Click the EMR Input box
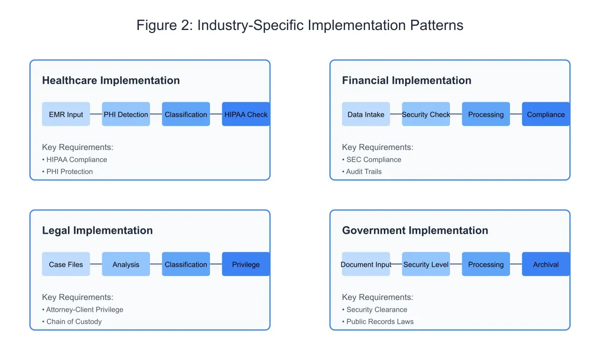coord(66,114)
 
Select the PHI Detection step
coord(126,114)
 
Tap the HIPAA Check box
coord(246,114)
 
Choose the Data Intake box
coord(366,114)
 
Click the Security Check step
coord(426,114)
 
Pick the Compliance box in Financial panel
coord(546,114)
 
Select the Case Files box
coord(66,264)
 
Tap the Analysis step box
coord(126,264)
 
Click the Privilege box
coord(246,264)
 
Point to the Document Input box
coord(366,264)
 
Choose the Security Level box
coord(426,264)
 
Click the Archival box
coord(546,264)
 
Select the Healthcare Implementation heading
coord(111,81)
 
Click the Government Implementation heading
coord(415,231)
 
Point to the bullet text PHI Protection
coord(69,172)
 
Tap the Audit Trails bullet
coord(364,172)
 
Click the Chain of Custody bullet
coord(74,322)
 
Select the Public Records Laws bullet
coord(380,322)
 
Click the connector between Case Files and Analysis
coord(96,264)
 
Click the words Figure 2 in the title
coord(164,25)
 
